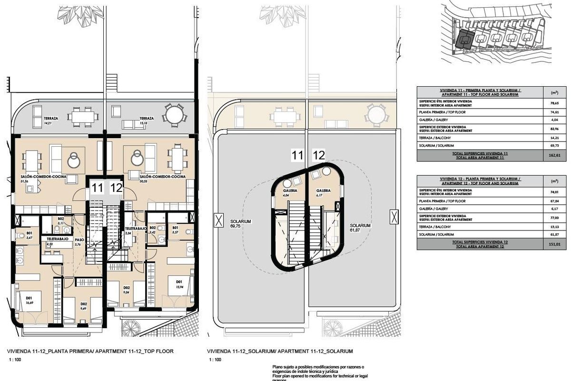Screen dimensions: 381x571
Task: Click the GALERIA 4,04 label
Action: (287, 193)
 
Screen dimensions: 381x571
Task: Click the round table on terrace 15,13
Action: (172, 115)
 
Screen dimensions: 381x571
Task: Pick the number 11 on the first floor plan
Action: (98, 188)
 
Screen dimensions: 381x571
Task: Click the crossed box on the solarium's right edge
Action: (393, 217)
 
